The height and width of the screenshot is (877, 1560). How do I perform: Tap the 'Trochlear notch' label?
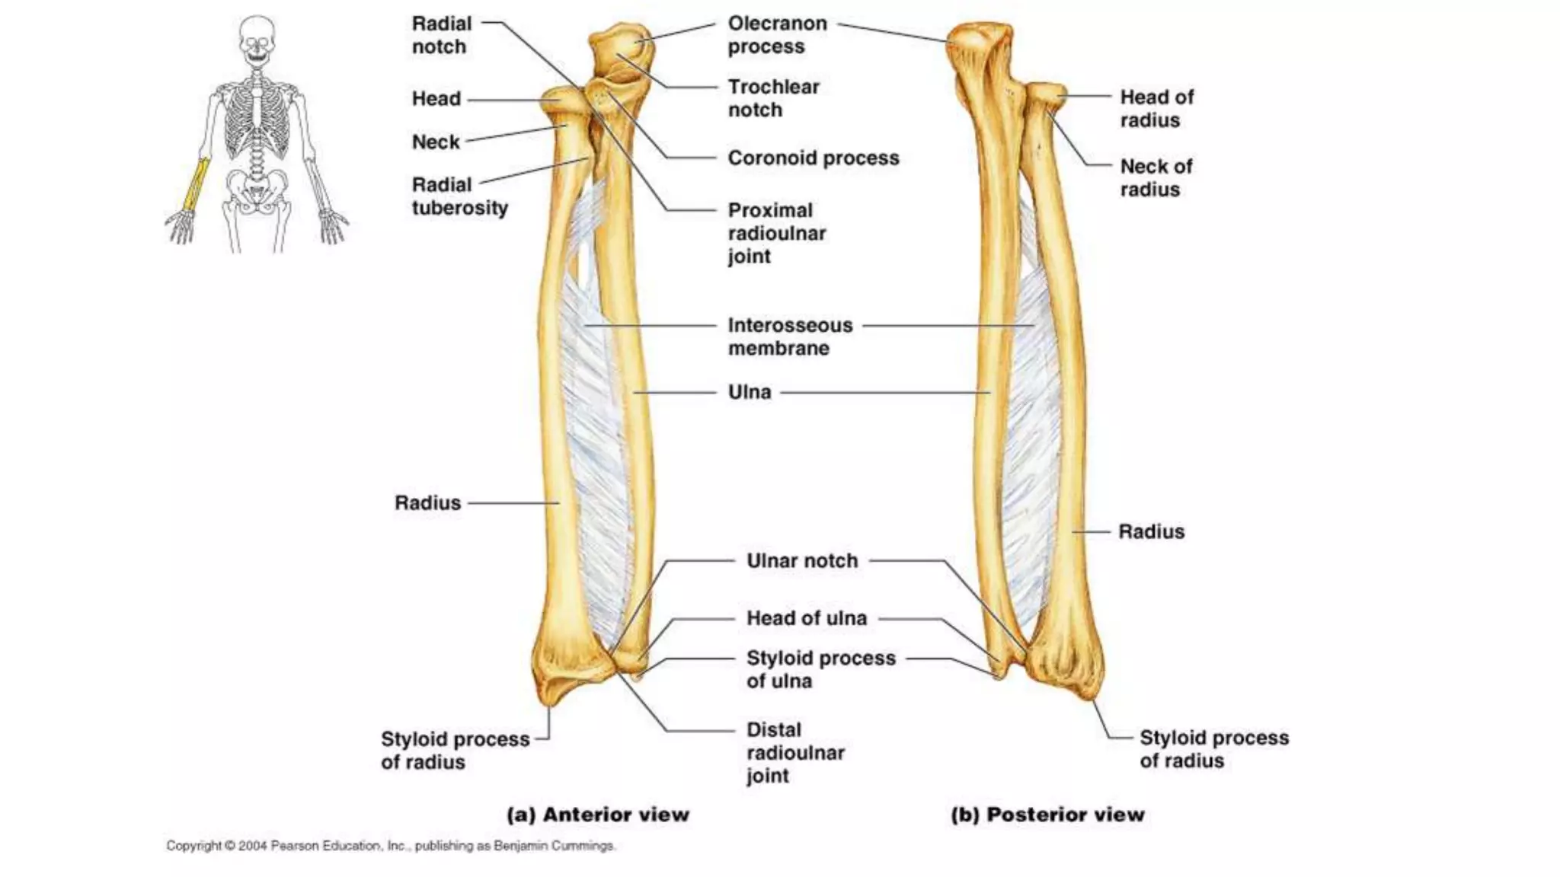773,98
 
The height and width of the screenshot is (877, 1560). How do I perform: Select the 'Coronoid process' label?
813,158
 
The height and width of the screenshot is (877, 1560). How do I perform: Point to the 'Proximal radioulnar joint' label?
776,233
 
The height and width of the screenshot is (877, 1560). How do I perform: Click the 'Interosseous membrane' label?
789,336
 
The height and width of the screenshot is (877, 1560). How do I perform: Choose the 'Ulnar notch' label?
801,561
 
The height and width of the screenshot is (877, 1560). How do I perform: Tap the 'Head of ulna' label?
806,618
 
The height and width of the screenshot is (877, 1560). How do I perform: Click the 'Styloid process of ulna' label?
820,669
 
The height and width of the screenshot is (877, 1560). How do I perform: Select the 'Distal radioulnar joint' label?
794,752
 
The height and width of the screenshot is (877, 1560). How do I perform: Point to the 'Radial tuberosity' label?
459,196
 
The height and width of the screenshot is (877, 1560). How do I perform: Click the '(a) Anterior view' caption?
598,815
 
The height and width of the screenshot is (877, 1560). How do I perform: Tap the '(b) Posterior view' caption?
1047,815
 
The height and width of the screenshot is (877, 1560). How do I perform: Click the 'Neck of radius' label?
1156,177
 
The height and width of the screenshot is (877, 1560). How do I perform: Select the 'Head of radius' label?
1156,108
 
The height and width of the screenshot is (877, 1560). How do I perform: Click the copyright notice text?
391,846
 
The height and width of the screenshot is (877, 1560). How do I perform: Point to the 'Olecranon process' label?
777,35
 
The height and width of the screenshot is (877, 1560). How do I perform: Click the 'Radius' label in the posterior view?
1151,531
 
